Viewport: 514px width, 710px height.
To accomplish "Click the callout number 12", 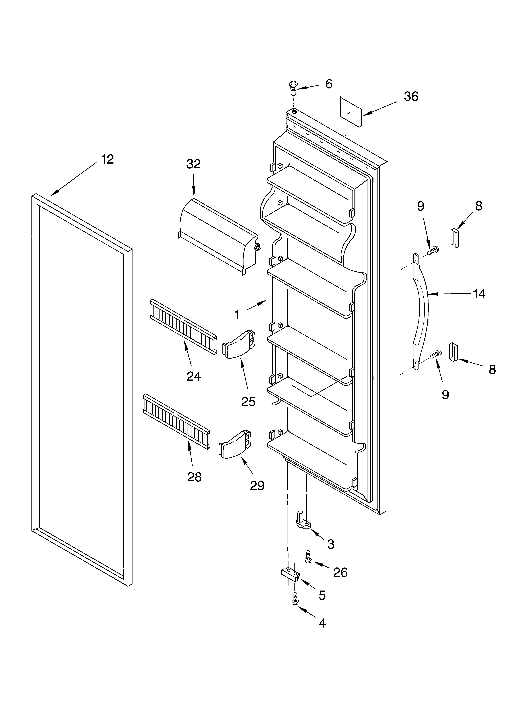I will click(107, 159).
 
